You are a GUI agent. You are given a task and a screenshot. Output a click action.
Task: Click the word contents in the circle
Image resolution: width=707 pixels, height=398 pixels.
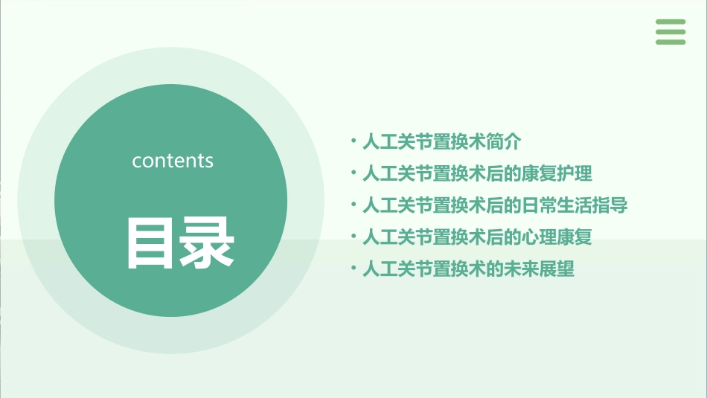[173, 161]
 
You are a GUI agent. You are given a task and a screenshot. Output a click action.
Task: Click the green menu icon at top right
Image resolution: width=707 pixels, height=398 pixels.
[671, 32]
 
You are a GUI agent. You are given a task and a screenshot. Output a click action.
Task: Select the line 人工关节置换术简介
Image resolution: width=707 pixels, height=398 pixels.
[442, 142]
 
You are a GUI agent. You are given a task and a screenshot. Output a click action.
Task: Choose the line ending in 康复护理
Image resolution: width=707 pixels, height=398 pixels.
[477, 174]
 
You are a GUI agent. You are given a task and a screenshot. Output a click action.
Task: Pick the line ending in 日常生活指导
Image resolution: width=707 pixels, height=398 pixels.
[495, 206]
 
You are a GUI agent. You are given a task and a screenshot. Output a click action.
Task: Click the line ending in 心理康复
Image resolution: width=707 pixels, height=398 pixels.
[477, 237]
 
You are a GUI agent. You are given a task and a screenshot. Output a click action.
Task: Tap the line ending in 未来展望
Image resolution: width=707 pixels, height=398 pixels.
[468, 269]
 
